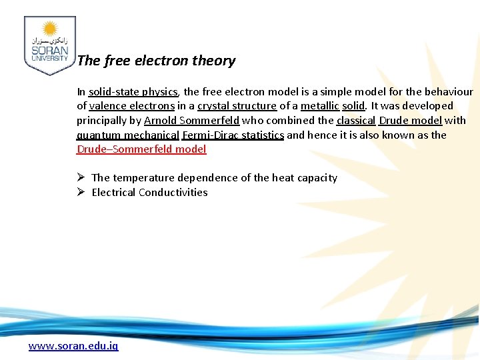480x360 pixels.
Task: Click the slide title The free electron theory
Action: [156, 61]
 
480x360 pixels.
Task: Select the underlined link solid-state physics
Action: [133, 91]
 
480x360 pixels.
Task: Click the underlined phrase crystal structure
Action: [237, 106]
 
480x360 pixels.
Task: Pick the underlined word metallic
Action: [320, 106]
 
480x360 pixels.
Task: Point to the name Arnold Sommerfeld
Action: [191, 121]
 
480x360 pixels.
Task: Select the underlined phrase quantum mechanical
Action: [128, 135]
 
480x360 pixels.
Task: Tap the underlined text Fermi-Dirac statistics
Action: [233, 135]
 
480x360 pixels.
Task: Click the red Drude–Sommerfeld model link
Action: [141, 149]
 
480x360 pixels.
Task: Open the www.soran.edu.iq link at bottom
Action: [73, 347]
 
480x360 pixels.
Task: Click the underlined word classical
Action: [356, 121]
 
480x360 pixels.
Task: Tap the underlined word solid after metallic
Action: [353, 106]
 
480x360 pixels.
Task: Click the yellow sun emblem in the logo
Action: [49, 29]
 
